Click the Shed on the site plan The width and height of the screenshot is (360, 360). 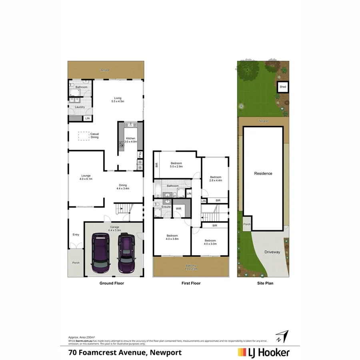283,86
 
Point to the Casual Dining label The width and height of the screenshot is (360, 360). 94,136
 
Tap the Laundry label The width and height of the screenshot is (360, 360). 79,107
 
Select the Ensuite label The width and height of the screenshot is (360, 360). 166,206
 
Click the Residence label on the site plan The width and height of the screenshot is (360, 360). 263,174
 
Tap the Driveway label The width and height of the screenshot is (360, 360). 272,252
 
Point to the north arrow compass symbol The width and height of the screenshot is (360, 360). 282,336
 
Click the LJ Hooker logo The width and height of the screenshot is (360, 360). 264,352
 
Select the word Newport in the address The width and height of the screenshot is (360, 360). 166,352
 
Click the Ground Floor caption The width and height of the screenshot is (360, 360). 112,283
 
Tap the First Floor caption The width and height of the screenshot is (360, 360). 191,283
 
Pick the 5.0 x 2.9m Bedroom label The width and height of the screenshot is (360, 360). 176,165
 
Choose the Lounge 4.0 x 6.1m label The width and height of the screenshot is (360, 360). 86,177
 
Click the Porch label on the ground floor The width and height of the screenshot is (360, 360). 76,263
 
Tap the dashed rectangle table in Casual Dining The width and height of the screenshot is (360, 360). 84,136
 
